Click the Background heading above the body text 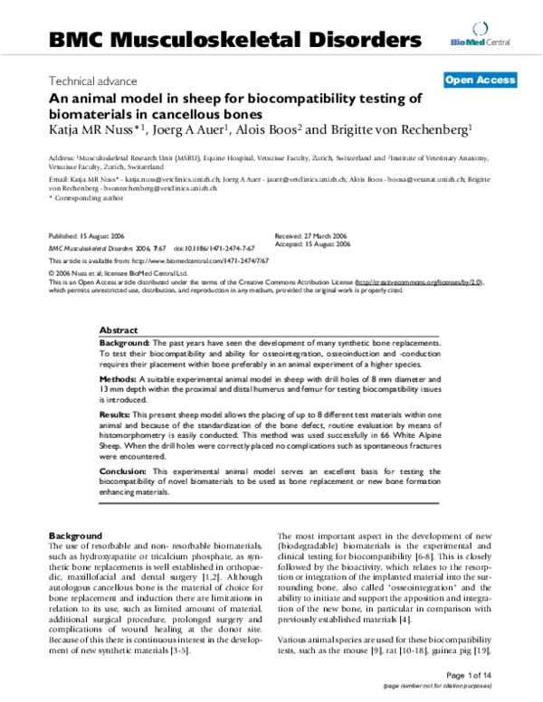point(73,536)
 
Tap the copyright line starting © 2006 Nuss point(117,270)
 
